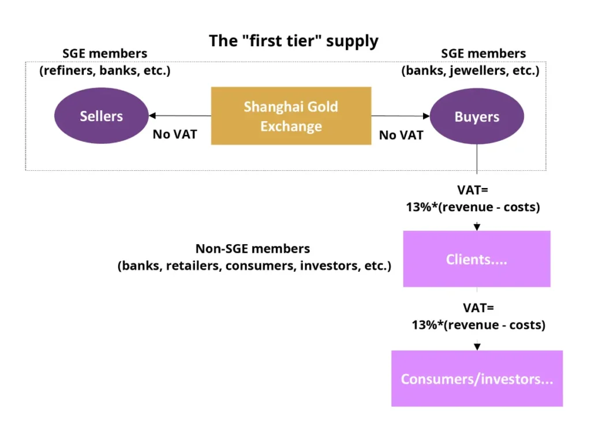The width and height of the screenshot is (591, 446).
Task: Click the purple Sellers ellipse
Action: point(101,117)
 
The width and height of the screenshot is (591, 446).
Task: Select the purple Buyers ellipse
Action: point(477,117)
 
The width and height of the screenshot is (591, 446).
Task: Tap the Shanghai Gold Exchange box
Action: point(291,116)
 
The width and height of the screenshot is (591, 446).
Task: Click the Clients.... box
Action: point(477,259)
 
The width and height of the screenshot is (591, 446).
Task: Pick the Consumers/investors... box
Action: point(477,378)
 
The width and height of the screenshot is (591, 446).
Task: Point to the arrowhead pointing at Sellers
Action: point(152,115)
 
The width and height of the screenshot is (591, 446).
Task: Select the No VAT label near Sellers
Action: point(174,134)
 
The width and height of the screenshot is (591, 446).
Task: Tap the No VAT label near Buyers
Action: point(401,135)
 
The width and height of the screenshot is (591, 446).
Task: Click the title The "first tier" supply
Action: point(293,41)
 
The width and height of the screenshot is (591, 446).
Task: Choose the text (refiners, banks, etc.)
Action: point(105,72)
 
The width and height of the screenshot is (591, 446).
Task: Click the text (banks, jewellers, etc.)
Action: point(470,72)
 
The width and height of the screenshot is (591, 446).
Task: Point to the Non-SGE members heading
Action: point(252,249)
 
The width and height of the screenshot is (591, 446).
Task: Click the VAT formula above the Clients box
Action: point(473,198)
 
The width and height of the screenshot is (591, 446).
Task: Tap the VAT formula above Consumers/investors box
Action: point(478,316)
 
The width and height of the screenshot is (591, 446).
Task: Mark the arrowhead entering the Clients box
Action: point(477,227)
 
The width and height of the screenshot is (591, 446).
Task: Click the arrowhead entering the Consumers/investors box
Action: point(477,347)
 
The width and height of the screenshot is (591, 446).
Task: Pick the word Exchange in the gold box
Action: point(291,126)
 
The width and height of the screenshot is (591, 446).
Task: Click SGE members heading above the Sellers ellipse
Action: point(105,54)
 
